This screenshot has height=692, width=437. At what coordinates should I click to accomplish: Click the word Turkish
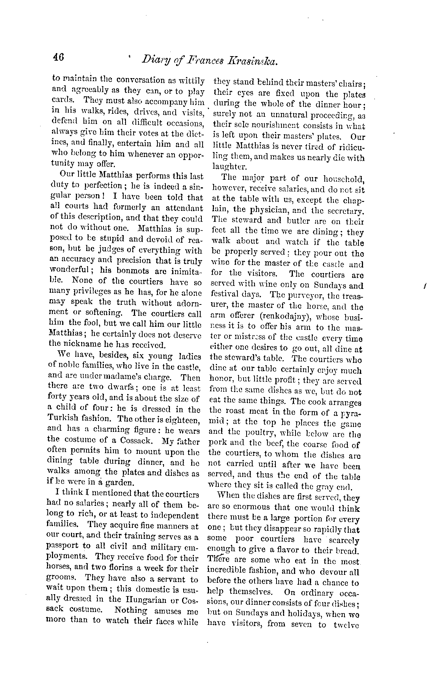tap(66, 419)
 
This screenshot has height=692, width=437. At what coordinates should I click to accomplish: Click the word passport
tap(65, 546)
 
